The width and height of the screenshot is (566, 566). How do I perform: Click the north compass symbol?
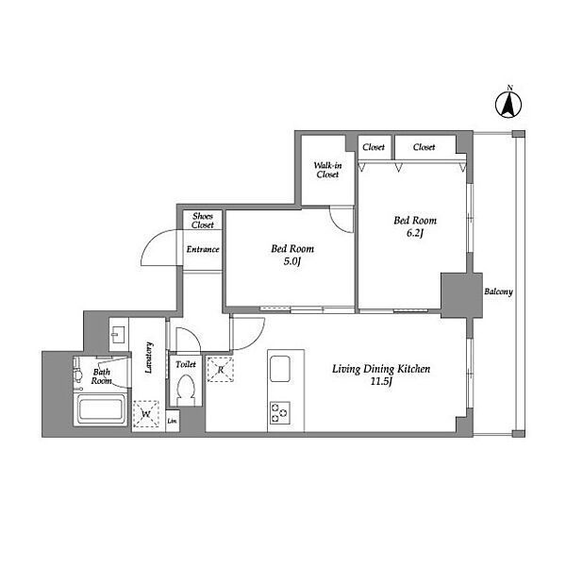click(x=508, y=105)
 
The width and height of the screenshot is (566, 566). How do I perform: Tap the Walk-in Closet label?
click(x=327, y=170)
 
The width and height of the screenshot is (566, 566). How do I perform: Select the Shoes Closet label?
click(x=203, y=221)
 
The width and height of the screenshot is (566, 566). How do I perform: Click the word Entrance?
click(x=203, y=249)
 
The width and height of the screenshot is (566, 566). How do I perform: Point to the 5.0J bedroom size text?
click(x=292, y=261)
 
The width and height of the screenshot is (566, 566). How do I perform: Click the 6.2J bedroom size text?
click(x=415, y=233)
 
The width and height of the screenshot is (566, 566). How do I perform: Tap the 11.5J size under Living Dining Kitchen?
click(x=381, y=381)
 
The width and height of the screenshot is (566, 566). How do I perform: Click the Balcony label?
click(x=498, y=291)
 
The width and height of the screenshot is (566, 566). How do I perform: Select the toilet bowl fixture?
click(x=186, y=391)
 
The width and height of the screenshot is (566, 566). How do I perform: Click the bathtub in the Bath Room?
click(x=101, y=409)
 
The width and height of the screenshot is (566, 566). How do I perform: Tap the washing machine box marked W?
click(x=146, y=414)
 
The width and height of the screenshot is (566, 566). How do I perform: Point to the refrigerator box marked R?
click(x=220, y=369)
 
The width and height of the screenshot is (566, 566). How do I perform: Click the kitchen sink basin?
click(x=280, y=369)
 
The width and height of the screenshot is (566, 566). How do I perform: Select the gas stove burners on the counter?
click(x=280, y=412)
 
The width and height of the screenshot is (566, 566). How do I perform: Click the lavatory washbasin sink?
click(x=118, y=334)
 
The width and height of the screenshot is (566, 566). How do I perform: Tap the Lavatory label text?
click(x=149, y=358)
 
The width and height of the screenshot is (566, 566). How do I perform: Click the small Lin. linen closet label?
click(x=173, y=421)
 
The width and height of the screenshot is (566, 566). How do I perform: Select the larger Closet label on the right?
click(x=424, y=147)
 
